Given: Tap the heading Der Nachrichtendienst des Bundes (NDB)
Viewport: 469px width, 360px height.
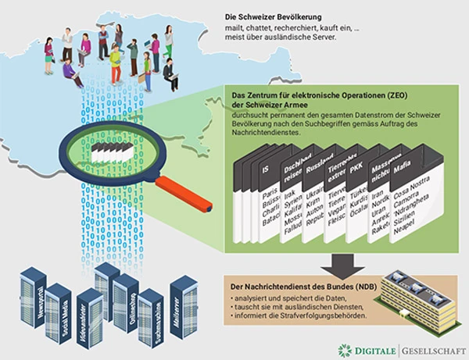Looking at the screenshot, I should [x=298, y=287].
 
